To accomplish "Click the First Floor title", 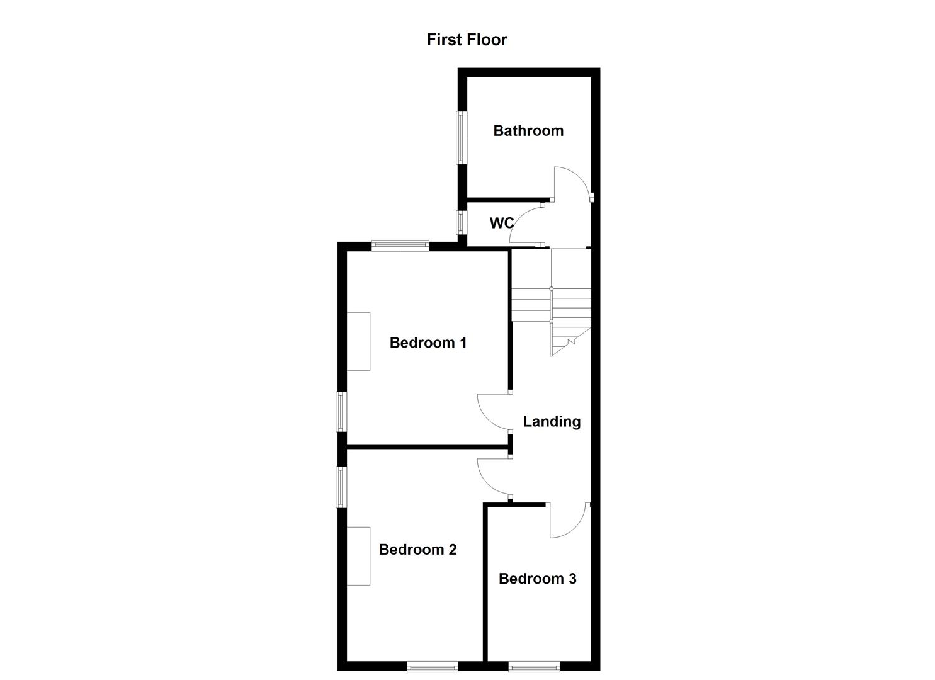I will click(x=467, y=40).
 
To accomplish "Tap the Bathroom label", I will click(x=528, y=131).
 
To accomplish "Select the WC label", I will click(x=502, y=223).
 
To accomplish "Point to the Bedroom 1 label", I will click(x=428, y=343).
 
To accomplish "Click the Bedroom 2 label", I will click(x=417, y=550).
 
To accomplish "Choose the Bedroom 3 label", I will click(x=537, y=579).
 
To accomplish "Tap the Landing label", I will click(x=552, y=421).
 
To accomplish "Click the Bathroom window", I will click(x=462, y=137).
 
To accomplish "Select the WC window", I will click(x=462, y=222).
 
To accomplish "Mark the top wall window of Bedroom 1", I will click(x=400, y=246).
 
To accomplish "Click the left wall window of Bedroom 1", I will click(x=342, y=412).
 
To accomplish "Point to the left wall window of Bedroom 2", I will click(x=342, y=487).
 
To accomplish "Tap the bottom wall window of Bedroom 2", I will click(x=432, y=666).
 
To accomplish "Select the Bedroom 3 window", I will click(x=534, y=666).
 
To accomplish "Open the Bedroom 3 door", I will click(x=569, y=521).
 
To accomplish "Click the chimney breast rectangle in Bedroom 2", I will click(x=358, y=556).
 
